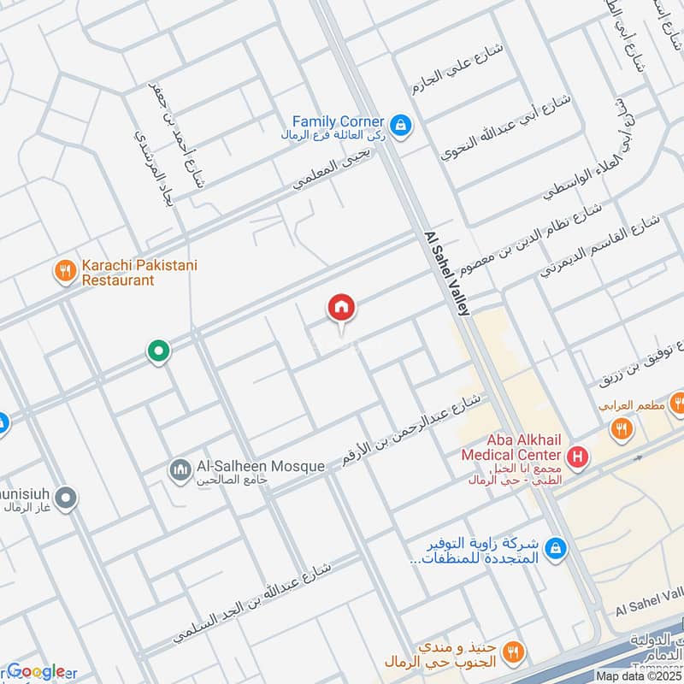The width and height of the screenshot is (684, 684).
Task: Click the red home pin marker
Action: click(x=342, y=308)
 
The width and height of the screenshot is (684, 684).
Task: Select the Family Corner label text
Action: click(x=338, y=122)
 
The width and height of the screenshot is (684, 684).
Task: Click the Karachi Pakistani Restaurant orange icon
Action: click(x=65, y=272)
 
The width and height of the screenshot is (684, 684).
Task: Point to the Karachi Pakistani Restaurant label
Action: click(x=139, y=273)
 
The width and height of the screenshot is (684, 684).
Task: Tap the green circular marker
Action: click(x=157, y=350)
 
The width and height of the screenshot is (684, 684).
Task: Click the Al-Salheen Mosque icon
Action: click(x=180, y=469)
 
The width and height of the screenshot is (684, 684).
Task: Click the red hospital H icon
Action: click(x=578, y=458)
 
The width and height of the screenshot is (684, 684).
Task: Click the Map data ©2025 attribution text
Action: click(x=640, y=676)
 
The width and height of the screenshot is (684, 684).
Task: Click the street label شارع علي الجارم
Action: click(x=465, y=68)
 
